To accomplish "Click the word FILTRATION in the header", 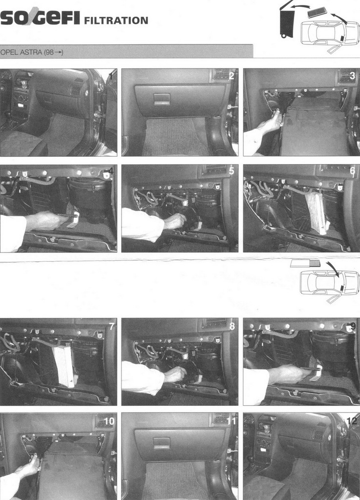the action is coord(116,21).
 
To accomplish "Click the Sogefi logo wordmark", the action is coord(40,18).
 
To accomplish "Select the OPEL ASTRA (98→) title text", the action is coord(32,52).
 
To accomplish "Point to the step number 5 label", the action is coord(232,171).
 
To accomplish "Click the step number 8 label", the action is coord(232,326).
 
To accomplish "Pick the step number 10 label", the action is coord(109,421).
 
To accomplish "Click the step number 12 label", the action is coord(352,421).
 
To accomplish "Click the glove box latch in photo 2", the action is coord(161,99).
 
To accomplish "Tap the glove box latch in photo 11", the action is coord(162,442).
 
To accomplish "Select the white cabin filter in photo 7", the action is coord(65,366).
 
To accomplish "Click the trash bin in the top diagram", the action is coord(287,23).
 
